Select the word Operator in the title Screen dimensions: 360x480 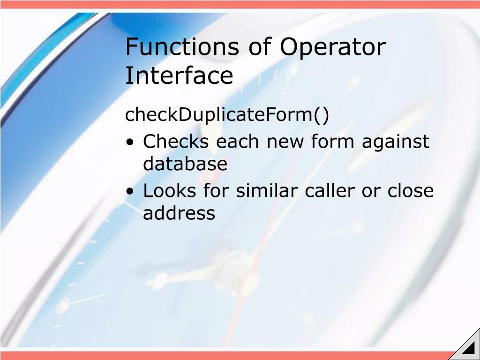(x=333, y=47)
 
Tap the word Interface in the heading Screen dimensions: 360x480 (x=179, y=75)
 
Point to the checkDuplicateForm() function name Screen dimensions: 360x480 (x=227, y=115)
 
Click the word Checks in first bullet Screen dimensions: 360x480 (x=176, y=141)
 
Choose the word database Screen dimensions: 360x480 (x=185, y=164)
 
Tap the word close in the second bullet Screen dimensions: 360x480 (x=411, y=191)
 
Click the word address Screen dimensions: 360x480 (x=179, y=213)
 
